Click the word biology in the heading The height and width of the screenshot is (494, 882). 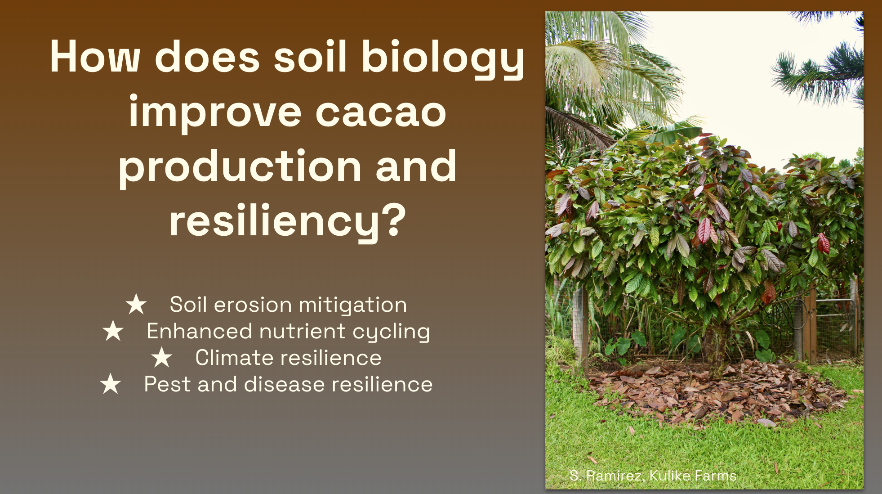click(x=443, y=58)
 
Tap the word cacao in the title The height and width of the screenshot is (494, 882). click(x=381, y=112)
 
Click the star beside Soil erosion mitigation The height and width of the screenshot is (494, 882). click(x=136, y=304)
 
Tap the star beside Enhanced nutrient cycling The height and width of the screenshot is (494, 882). click(x=113, y=331)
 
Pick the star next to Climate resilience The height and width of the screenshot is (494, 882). click(x=162, y=357)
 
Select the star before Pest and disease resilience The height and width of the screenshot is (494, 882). click(x=111, y=384)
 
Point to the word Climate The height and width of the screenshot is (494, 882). click(x=234, y=358)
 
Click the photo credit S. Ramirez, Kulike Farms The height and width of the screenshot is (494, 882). click(x=653, y=476)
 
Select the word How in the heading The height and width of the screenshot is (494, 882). click(x=95, y=57)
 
